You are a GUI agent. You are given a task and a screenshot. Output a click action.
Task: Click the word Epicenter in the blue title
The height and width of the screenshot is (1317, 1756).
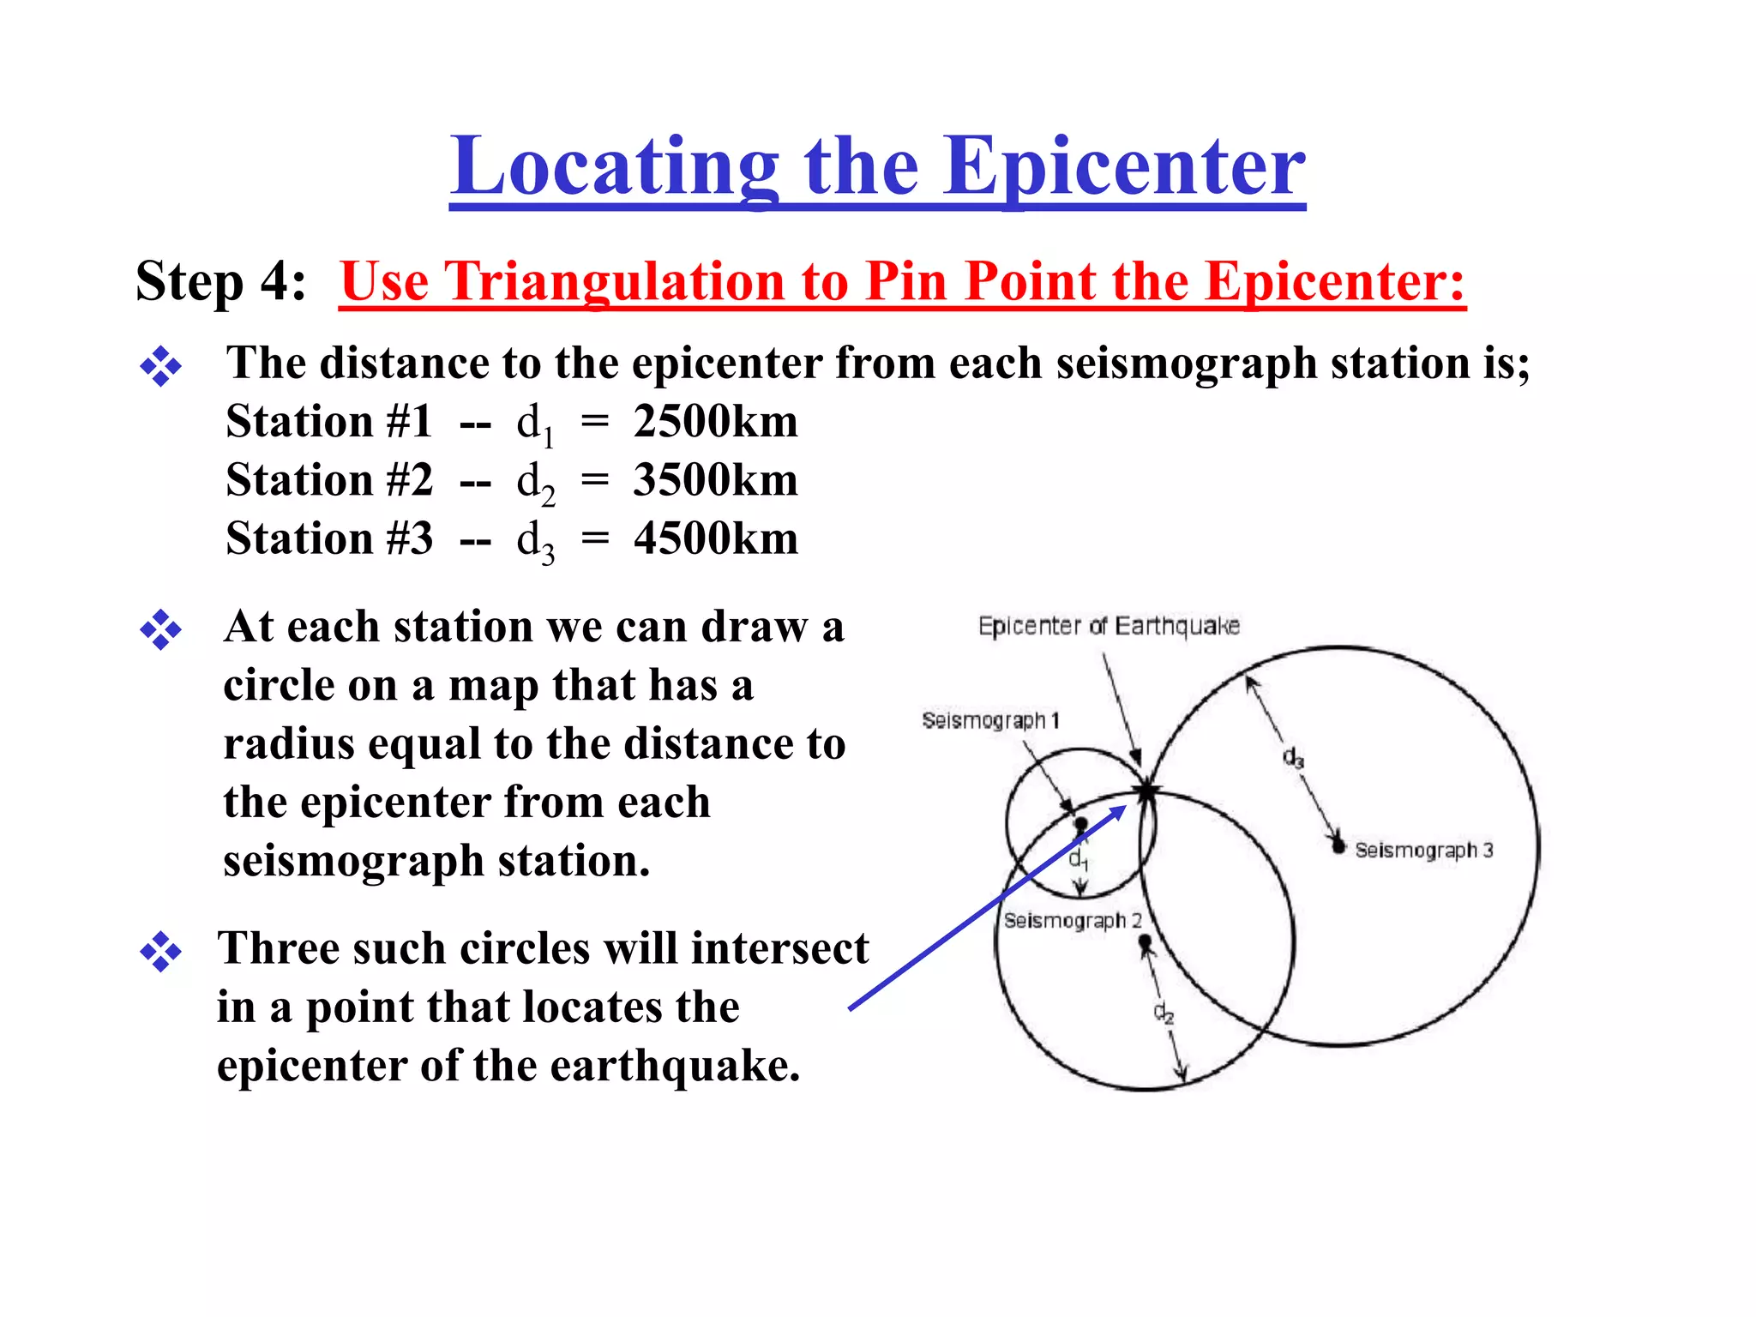coord(1124,166)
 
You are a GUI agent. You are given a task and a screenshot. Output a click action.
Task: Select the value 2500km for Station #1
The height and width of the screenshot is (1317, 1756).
coord(716,422)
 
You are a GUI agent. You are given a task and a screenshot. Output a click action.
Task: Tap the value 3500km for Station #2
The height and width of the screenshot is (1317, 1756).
coord(716,480)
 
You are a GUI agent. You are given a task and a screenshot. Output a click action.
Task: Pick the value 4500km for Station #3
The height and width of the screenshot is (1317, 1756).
coord(716,538)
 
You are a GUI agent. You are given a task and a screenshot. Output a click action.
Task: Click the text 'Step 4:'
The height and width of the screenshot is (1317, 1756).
coord(220,281)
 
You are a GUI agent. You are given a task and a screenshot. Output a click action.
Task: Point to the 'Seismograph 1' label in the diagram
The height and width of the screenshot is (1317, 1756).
coord(990,720)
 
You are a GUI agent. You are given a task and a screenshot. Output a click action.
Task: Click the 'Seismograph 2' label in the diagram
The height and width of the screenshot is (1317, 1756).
coord(1073,920)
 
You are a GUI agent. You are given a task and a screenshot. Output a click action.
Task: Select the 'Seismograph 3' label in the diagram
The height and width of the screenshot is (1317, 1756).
coord(1423,850)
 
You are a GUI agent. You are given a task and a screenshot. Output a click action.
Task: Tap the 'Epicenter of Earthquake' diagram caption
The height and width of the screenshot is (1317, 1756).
coord(1109,626)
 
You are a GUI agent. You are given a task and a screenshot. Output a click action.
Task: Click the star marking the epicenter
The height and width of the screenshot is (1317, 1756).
coord(1146,791)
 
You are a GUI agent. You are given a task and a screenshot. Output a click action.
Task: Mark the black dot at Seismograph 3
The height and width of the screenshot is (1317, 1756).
coord(1338,847)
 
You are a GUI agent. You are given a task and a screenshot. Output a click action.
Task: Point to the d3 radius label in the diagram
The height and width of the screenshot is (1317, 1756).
coord(1293,758)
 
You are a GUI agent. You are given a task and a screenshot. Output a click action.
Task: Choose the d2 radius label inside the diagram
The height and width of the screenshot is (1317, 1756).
coord(1163,1013)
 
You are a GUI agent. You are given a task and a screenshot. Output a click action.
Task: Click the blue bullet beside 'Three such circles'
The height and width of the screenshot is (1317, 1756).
coord(160,952)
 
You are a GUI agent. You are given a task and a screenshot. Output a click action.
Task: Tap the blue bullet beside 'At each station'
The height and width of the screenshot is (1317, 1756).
coord(160,630)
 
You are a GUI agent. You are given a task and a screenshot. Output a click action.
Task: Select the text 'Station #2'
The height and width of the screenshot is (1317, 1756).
coord(329,480)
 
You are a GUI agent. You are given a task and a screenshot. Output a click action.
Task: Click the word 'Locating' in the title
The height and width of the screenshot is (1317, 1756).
coord(614,166)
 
